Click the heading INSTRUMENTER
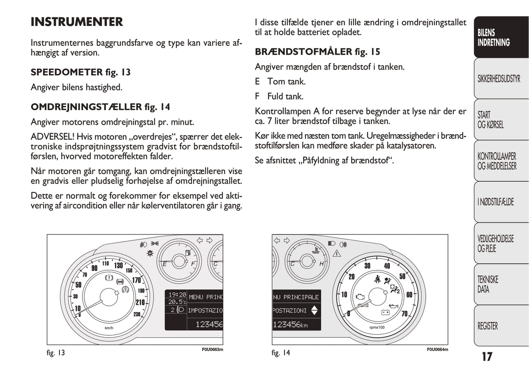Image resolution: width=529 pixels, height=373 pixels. pyautogui.click(x=77, y=22)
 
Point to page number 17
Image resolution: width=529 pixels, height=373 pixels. pyautogui.click(x=487, y=357)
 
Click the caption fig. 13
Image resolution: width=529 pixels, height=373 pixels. pyautogui.click(x=56, y=353)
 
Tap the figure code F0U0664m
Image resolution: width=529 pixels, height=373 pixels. pyautogui.click(x=437, y=350)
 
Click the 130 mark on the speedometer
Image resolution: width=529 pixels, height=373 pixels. pyautogui.click(x=119, y=265)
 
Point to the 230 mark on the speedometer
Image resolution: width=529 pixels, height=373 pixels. pyautogui.click(x=137, y=314)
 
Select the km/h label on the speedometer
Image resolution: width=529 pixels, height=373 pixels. pyautogui.click(x=109, y=328)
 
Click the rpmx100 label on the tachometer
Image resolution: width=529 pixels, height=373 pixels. pyautogui.click(x=377, y=328)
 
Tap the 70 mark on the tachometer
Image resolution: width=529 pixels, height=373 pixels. pyautogui.click(x=404, y=314)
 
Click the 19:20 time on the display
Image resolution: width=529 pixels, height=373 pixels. pyautogui.click(x=177, y=295)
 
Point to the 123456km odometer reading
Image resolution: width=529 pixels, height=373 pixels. pyautogui.click(x=290, y=324)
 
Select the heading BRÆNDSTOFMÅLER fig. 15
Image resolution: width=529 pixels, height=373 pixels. pyautogui.click(x=317, y=52)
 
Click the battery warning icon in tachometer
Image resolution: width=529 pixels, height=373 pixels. pyautogui.click(x=385, y=312)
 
